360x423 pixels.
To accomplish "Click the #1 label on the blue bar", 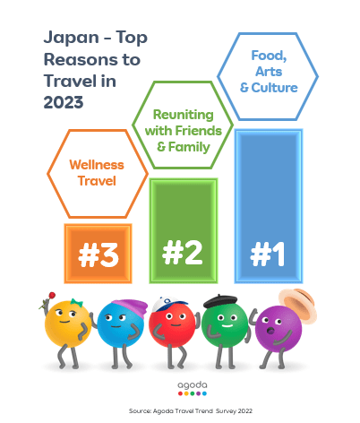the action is (268, 254).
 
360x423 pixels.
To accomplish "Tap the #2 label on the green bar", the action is (183, 253).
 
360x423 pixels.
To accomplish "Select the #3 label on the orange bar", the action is (99, 255).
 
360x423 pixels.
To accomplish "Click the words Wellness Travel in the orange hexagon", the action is (97, 173).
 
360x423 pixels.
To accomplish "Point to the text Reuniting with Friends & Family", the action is (184, 131).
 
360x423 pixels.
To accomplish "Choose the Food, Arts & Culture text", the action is (269, 72).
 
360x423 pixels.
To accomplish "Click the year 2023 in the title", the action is (64, 102).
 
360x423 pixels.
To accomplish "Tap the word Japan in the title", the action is (72, 39).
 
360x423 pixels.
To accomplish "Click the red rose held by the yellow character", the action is (52, 296).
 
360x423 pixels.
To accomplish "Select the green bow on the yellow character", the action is (76, 303).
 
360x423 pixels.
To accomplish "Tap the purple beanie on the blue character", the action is (132, 306).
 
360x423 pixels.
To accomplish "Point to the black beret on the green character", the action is (220, 301).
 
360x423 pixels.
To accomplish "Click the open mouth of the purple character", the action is (270, 331).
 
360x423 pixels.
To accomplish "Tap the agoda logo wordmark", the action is (193, 385).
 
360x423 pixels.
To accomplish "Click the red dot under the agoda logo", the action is (180, 393).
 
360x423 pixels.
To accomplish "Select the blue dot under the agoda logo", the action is (204, 393).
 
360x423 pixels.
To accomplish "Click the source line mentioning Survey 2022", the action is (191, 411).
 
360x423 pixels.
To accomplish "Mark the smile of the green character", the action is (227, 325).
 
